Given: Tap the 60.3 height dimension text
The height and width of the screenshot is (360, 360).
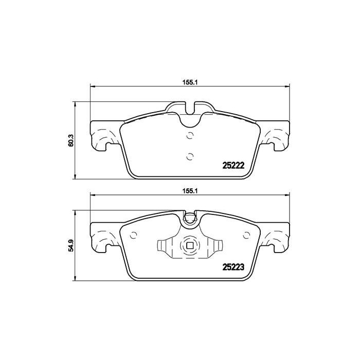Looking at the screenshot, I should tap(71, 140).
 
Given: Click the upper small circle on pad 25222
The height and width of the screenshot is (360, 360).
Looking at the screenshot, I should tap(190, 136).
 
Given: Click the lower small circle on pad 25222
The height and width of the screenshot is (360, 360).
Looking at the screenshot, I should tap(190, 156).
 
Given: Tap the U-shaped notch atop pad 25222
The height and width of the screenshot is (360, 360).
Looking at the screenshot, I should tap(190, 116).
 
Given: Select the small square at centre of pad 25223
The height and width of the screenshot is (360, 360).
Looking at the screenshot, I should tap(190, 246).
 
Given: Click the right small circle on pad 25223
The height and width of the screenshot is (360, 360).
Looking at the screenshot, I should tap(245, 236).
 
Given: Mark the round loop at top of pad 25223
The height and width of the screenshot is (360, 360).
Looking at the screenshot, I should tap(190, 221).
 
